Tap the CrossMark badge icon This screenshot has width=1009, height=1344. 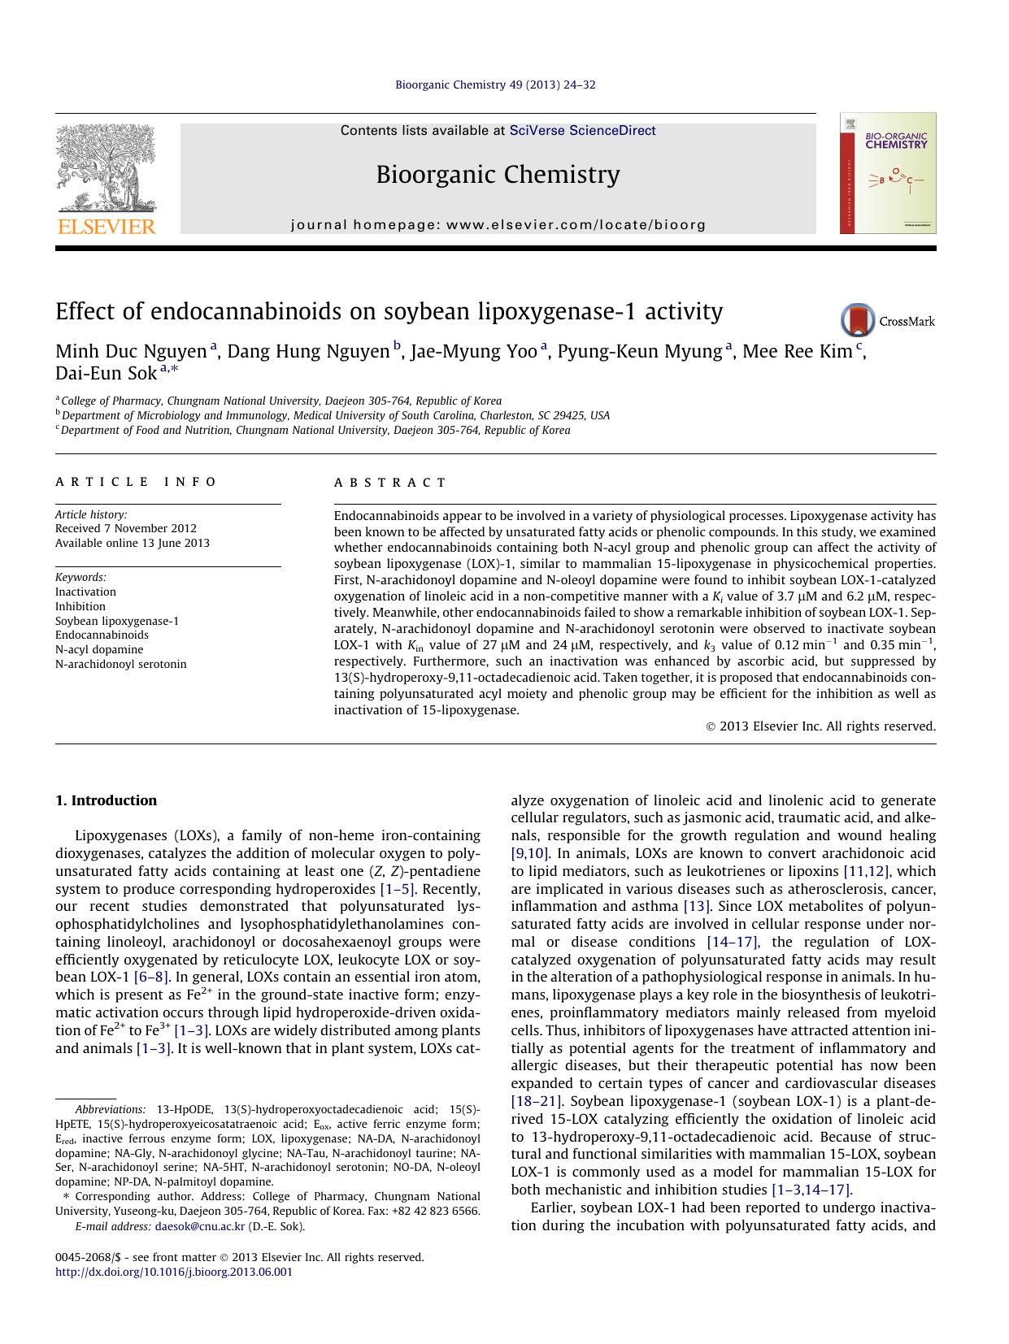(x=858, y=321)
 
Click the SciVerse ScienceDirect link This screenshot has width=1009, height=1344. (x=582, y=131)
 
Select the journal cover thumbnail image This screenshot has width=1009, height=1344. (x=888, y=174)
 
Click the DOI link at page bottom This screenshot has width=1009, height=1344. (x=173, y=1272)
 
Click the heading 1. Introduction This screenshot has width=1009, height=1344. (x=106, y=800)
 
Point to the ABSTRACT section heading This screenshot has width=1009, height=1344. (x=390, y=483)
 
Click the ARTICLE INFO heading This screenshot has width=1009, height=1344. (x=136, y=482)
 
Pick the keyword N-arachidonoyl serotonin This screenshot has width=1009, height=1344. (x=120, y=664)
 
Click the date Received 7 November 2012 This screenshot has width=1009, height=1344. (x=125, y=528)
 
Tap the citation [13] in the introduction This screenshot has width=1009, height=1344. (x=697, y=906)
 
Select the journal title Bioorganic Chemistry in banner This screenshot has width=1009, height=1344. (x=498, y=175)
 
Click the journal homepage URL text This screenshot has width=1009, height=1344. (x=498, y=225)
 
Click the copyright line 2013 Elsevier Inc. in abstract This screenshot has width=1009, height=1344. (x=821, y=726)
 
